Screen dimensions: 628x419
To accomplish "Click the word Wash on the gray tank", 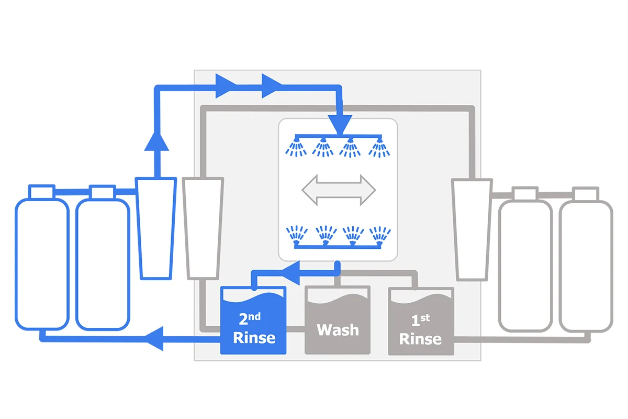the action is (338, 330).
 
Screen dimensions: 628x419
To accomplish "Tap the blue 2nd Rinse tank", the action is (253, 320).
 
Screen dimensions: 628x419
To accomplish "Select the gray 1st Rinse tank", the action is (421, 321).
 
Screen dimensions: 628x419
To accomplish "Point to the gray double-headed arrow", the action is (339, 190).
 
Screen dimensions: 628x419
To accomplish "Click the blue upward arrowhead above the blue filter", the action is (156, 142).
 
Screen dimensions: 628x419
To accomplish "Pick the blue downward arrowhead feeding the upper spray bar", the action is (340, 125).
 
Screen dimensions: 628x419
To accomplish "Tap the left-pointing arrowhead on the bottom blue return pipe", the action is (154, 338).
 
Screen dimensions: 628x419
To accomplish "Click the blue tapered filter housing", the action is (156, 228).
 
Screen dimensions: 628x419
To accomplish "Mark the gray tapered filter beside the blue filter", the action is (203, 228).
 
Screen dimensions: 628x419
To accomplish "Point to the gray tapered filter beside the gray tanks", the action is (472, 229).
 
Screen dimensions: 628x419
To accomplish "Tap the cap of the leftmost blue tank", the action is (42, 192).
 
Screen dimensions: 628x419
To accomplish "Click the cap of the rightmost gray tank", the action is (586, 194).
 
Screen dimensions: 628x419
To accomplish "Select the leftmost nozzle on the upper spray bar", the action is (296, 146).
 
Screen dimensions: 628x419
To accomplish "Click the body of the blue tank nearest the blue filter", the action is (103, 264).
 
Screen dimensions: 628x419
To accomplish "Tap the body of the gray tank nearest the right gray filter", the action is (525, 266).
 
